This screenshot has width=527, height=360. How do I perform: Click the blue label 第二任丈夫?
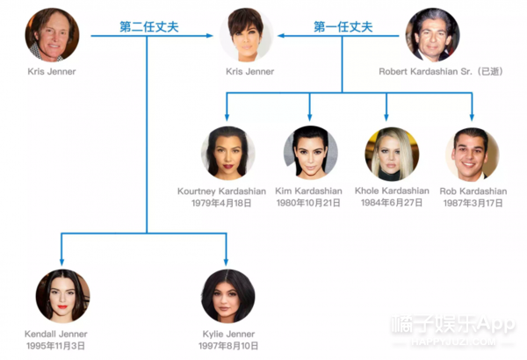tap(149, 27)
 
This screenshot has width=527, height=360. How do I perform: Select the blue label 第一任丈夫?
tap(343, 27)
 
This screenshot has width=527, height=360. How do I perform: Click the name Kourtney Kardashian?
tap(221, 191)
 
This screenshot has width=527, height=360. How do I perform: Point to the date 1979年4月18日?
tap(221, 203)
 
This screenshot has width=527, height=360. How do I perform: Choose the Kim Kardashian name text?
tap(308, 191)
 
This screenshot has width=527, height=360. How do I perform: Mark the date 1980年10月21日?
tap(308, 203)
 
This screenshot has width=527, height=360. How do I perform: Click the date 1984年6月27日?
tap(392, 203)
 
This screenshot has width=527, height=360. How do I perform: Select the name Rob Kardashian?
tap(473, 191)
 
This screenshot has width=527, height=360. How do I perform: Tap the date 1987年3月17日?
tap(473, 203)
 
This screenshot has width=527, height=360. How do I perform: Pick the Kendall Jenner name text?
tap(56, 335)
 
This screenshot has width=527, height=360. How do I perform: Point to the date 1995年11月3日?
tap(56, 346)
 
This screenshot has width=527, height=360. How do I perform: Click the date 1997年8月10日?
tap(228, 346)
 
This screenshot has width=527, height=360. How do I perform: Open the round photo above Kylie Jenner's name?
tap(228, 296)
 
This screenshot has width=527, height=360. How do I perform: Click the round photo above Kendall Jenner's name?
tap(63, 296)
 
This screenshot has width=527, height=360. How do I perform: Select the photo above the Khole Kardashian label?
tap(392, 154)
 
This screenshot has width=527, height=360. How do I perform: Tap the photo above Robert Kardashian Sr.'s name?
tap(432, 35)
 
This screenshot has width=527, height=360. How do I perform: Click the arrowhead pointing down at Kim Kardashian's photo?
tap(309, 117)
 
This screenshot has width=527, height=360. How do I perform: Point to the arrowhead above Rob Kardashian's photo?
tap(472, 117)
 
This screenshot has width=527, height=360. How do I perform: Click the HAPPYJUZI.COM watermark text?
tap(453, 342)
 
